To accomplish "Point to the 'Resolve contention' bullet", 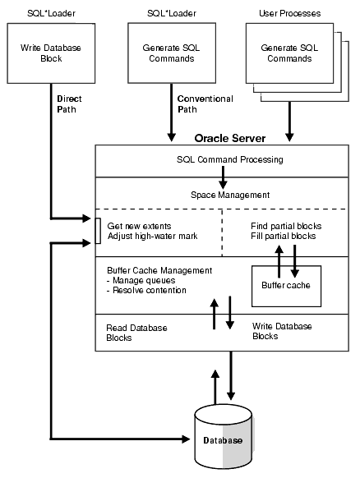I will tap(148, 291).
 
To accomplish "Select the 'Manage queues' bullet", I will tap(145, 280).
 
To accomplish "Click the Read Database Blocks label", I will tap(137, 332).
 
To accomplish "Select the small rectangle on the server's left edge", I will tap(98, 226).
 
